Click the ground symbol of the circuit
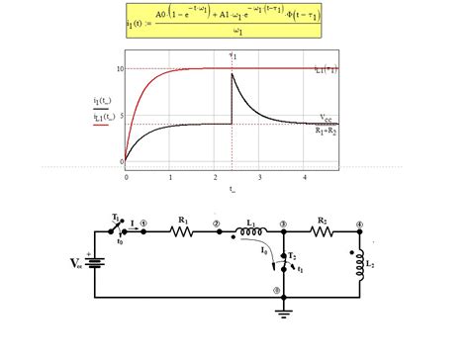[x=283, y=306]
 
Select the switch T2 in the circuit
[x=284, y=259]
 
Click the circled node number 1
[x=144, y=224]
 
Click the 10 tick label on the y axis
[x=120, y=68]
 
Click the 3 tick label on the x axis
[x=259, y=176]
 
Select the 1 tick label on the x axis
[x=170, y=176]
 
